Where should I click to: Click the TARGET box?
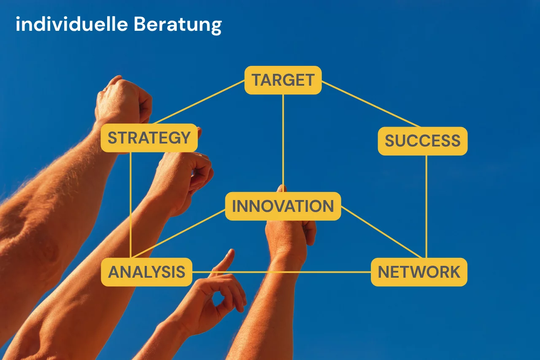point(283,80)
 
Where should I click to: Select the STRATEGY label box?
point(149,138)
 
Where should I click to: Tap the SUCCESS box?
point(423,141)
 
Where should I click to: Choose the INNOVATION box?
point(283,206)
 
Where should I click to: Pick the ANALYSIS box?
point(146,272)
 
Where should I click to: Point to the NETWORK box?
point(419,272)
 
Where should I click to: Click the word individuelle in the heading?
point(72,24)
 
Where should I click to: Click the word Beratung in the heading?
point(178,25)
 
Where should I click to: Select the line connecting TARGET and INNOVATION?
point(283,143)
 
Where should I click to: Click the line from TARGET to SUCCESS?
point(371,104)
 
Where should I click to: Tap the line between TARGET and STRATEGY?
point(199,102)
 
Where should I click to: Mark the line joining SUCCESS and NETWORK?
point(426,207)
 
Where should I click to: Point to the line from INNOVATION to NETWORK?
point(381,232)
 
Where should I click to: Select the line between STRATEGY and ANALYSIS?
point(130,205)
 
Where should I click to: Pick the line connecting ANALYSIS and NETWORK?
point(281,272)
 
